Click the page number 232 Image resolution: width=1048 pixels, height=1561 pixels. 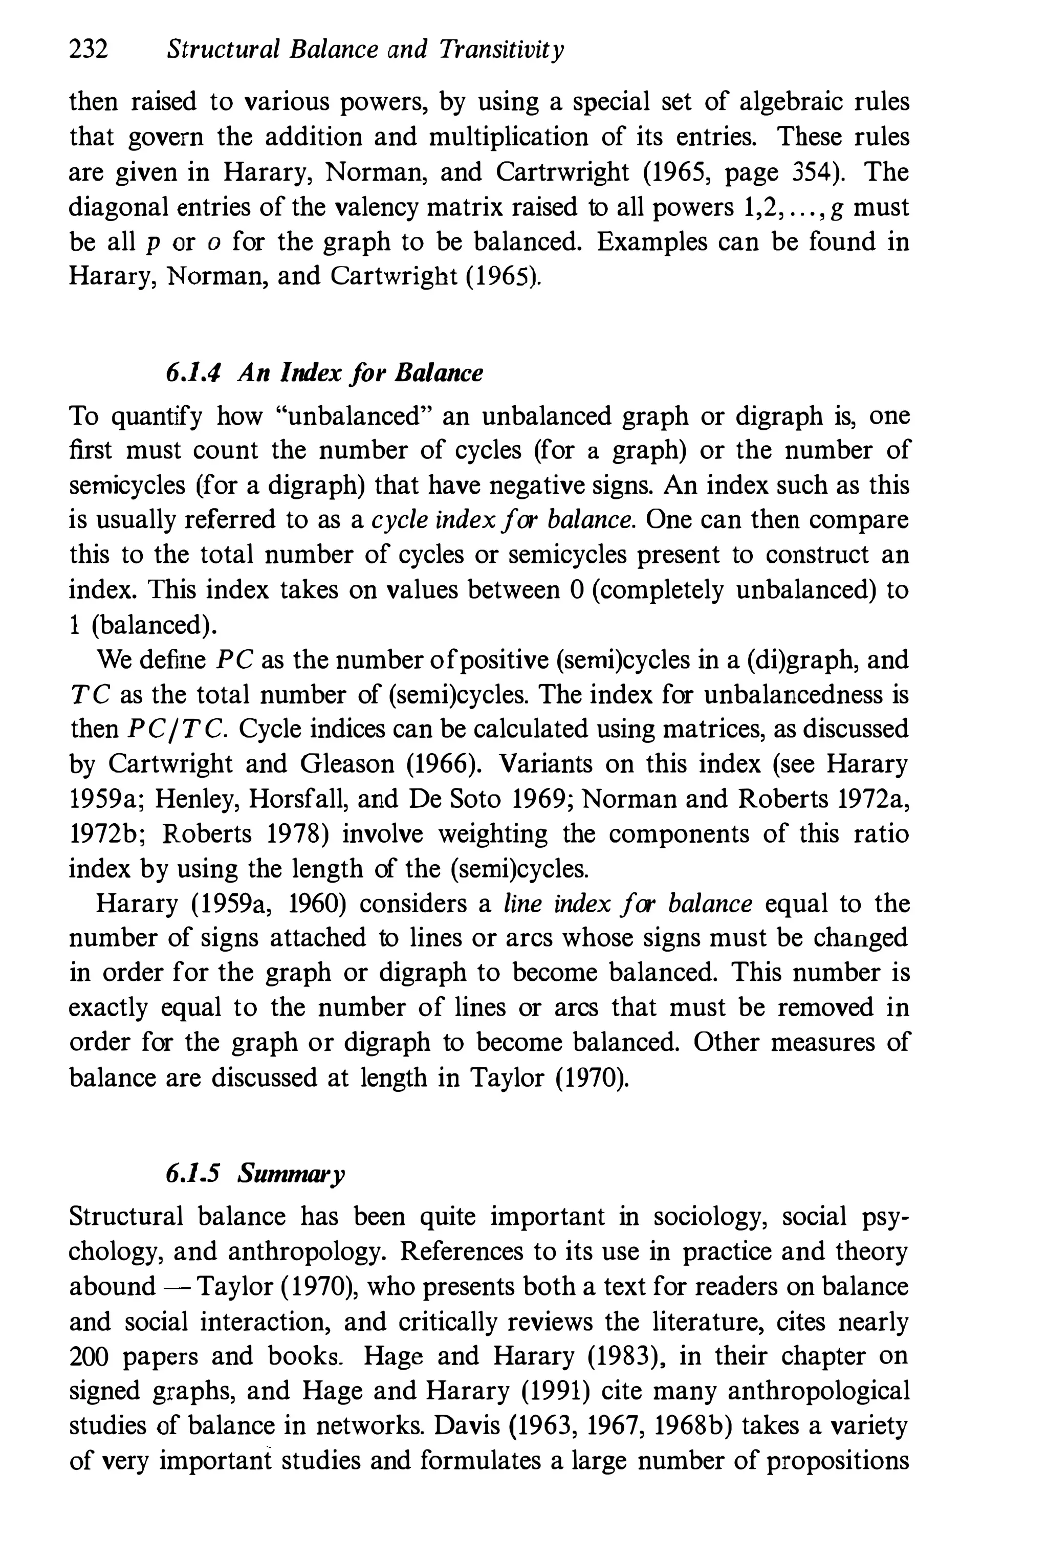click(88, 50)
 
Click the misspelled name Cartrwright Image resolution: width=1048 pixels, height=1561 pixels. click(562, 172)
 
